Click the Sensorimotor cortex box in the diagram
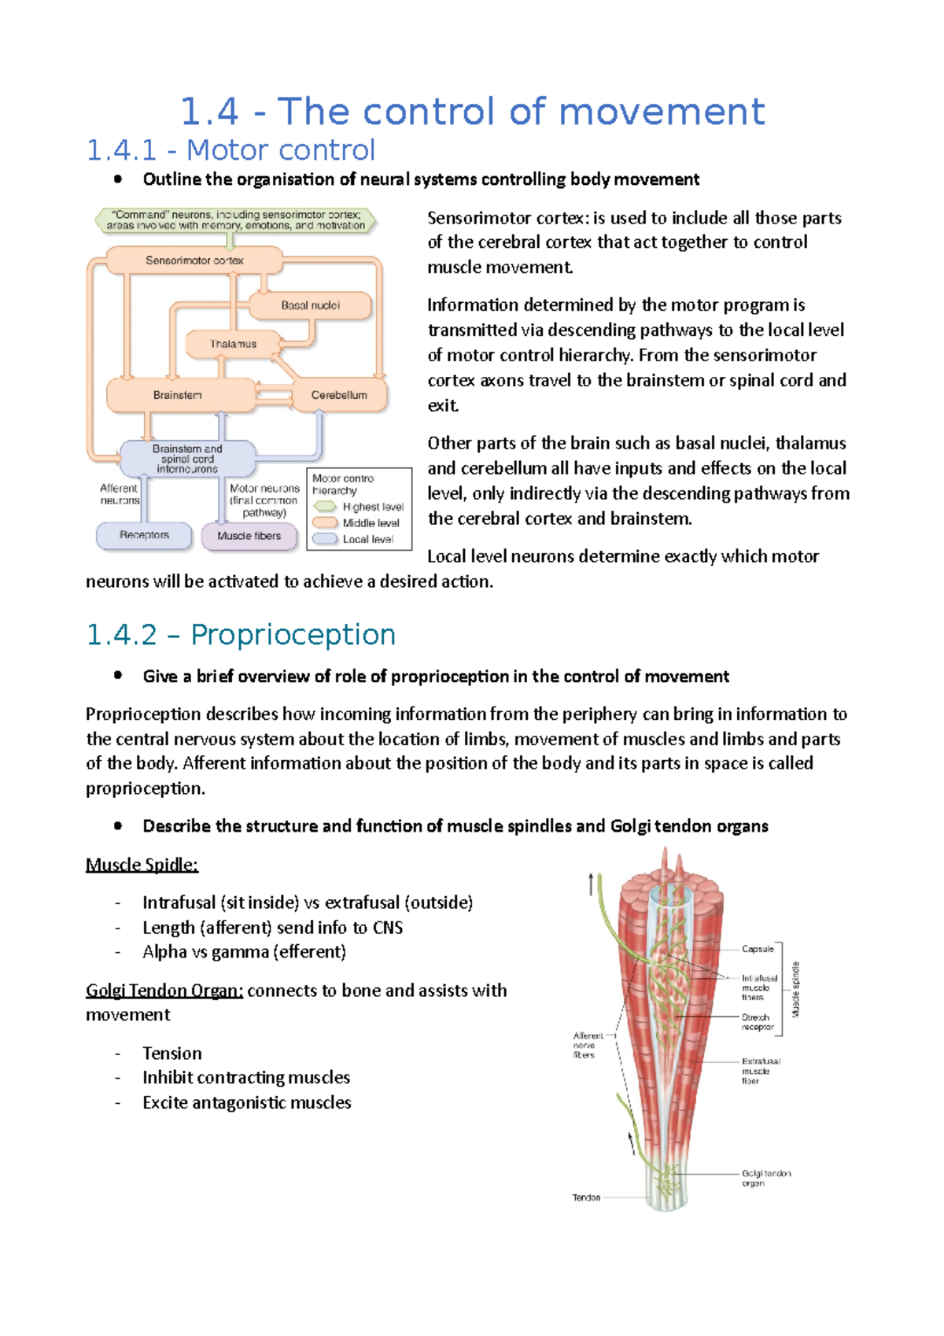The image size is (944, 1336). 194,260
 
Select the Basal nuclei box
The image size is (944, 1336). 310,305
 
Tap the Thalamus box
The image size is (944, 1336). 233,344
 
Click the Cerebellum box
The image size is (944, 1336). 339,395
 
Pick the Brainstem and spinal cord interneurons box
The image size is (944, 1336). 187,459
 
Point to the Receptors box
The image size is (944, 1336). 144,535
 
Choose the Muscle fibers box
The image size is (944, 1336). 249,536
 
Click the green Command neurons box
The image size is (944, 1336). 235,220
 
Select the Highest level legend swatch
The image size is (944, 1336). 325,507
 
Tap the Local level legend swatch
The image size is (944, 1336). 325,539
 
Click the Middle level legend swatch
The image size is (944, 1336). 325,522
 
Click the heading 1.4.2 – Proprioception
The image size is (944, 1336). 241,634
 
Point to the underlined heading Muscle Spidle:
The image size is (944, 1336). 142,865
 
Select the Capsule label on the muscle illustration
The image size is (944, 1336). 758,949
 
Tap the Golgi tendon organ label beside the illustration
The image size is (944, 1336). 765,1178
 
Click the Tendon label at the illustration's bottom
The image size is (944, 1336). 586,1198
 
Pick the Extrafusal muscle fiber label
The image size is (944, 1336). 760,1071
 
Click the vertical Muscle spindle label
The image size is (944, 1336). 795,989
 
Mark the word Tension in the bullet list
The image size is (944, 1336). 172,1053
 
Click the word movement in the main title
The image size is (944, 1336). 662,112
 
